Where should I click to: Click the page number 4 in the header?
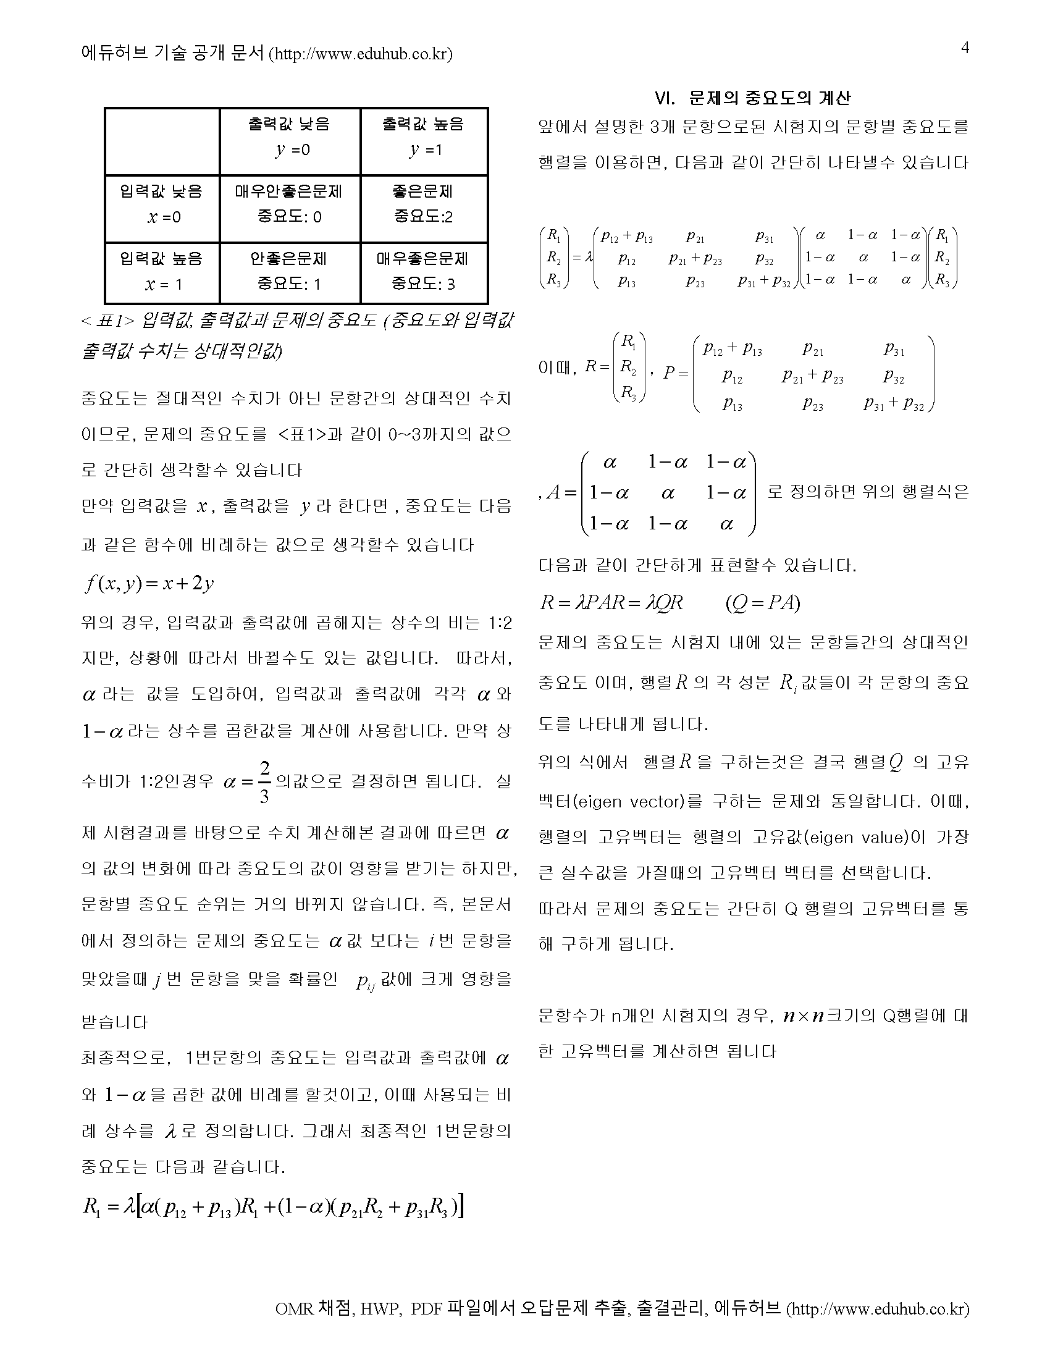[965, 48]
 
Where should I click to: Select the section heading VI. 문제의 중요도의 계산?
[753, 98]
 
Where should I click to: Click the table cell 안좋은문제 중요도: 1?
[289, 271]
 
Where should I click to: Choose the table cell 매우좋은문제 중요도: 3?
[423, 271]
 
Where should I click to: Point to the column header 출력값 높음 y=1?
[423, 137]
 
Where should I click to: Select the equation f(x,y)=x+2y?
[150, 583]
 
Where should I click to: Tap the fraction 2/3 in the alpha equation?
[264, 782]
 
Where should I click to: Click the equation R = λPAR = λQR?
[611, 602]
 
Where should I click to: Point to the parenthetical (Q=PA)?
[763, 602]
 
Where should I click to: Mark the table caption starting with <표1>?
[297, 336]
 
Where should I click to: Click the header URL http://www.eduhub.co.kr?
[360, 54]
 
